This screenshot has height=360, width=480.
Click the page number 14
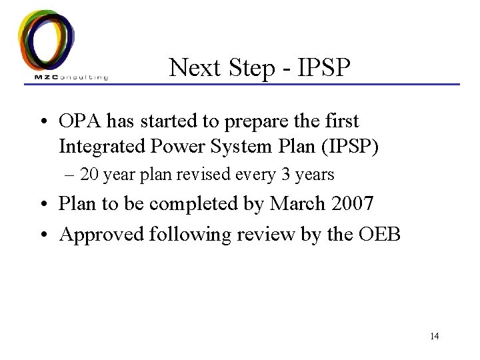click(x=434, y=336)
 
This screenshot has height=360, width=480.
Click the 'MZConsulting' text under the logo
click(x=71, y=77)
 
